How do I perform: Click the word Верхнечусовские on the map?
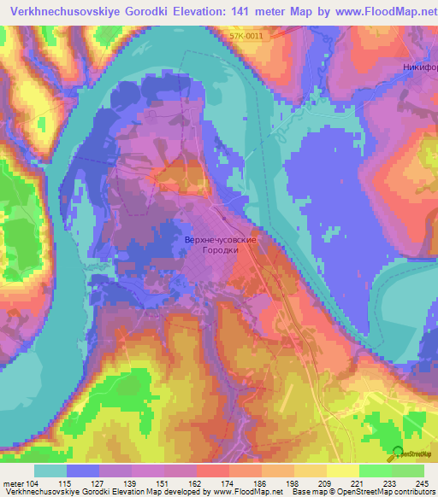222,241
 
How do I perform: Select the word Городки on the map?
222,252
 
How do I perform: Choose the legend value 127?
115,484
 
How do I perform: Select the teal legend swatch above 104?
50,471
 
